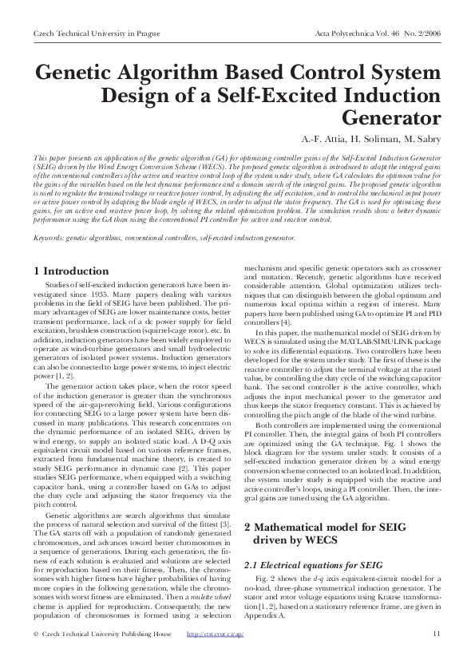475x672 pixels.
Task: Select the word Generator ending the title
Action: coord(392,119)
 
